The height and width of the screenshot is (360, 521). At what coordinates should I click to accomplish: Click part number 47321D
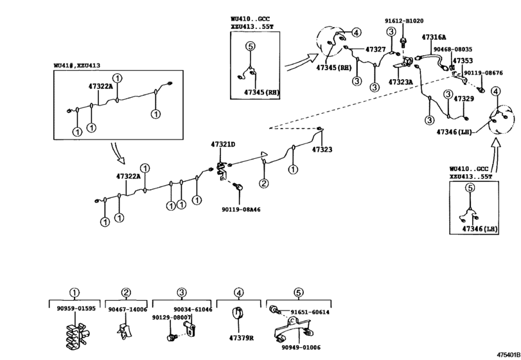point(223,144)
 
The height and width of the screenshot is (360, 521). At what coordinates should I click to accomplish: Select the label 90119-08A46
point(241,210)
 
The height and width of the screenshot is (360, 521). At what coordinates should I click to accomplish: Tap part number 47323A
point(400,82)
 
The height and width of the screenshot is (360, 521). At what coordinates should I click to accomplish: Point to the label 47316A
point(434,37)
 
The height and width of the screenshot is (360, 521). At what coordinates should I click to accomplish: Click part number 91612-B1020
point(404,21)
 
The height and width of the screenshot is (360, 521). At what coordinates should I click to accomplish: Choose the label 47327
point(375,50)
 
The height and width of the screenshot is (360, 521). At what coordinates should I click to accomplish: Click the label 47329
point(464,99)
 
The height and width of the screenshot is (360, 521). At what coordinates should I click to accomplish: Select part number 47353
point(463,61)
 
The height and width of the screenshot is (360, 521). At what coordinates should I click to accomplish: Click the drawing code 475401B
point(509,355)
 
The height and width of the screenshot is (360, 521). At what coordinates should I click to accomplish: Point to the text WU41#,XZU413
point(76,66)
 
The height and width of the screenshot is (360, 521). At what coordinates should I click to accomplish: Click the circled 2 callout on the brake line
point(263,183)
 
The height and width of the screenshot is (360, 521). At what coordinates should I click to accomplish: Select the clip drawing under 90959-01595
point(76,336)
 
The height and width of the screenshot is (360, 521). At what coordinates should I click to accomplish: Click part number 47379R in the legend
point(242,338)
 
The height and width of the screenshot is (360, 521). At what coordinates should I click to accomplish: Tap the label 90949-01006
point(301,347)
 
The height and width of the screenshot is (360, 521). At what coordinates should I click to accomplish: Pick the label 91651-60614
point(310,312)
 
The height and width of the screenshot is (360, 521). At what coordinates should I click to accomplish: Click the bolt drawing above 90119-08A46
point(238,187)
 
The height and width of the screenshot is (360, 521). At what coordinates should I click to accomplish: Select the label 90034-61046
point(193,309)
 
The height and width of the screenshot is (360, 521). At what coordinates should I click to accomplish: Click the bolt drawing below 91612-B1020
point(403,42)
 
